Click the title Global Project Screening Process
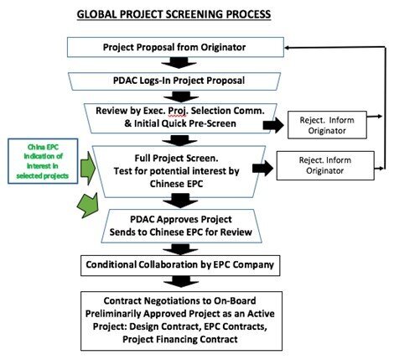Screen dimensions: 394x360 [174, 14]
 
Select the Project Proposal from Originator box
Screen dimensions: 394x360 [175, 47]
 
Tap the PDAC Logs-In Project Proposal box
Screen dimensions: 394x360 [174, 81]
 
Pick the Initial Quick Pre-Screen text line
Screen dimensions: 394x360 [180, 123]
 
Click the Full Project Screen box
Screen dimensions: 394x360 [179, 171]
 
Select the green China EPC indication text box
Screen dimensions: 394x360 [43, 161]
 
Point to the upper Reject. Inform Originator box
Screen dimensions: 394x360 [327, 125]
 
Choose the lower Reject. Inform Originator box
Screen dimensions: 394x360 [325, 165]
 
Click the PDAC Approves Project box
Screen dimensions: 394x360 [181, 226]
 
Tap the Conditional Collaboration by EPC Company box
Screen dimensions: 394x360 [180, 265]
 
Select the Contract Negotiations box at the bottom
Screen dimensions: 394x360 [181, 321]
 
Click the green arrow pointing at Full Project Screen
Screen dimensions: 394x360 [88, 169]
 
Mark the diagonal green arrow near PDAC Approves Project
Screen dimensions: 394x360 [88, 205]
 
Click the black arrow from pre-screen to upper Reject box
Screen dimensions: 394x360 [273, 125]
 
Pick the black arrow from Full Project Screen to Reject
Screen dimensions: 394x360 [262, 168]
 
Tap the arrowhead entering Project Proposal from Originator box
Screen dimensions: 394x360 [288, 48]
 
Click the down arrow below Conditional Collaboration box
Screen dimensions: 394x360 [180, 282]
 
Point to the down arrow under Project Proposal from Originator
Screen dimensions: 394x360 [179, 63]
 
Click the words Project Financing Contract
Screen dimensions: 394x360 [180, 339]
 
